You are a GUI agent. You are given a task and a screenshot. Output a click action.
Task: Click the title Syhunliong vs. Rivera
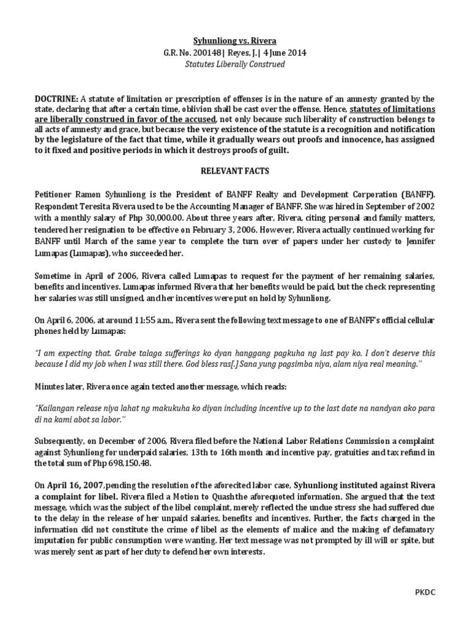pyautogui.click(x=235, y=41)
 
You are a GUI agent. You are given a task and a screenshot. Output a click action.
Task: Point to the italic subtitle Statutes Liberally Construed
pyautogui.click(x=235, y=64)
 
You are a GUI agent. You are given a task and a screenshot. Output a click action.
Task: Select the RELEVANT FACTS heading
pyautogui.click(x=235, y=173)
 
